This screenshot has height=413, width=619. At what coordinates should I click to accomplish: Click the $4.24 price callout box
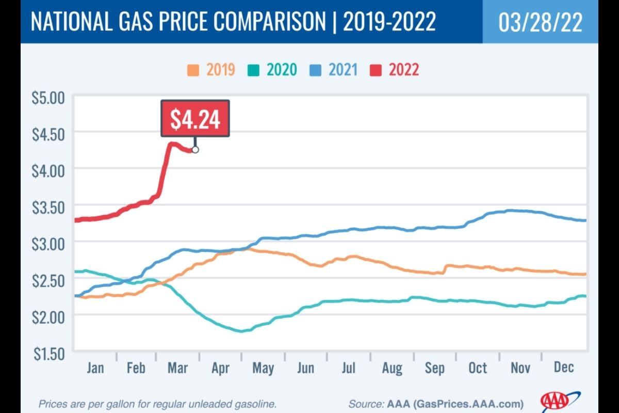pos(195,119)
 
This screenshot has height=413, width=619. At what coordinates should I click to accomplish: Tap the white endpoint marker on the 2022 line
pos(195,150)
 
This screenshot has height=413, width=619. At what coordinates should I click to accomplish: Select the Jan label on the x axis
pos(95,368)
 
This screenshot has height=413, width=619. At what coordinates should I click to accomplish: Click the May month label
pos(263,368)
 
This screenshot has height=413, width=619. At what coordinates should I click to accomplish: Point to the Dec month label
pos(563,368)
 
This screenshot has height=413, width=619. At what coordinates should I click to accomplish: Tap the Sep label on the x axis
pos(434,368)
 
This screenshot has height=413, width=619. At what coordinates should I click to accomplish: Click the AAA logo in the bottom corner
pos(555,401)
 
